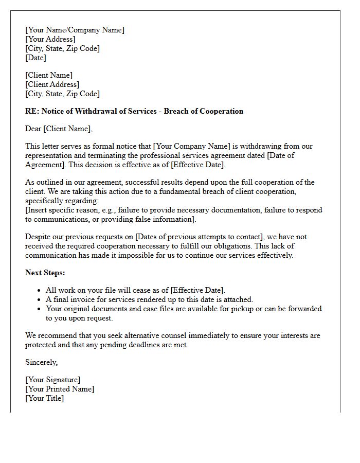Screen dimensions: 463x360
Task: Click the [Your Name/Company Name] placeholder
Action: (x=75, y=30)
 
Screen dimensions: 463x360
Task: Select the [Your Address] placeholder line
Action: (x=50, y=40)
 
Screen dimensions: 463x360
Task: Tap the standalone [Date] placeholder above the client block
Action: (x=35, y=58)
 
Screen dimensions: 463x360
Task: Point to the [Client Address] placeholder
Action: (x=52, y=84)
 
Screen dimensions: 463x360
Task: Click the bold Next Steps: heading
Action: (x=45, y=273)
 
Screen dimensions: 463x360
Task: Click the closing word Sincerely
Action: (x=41, y=362)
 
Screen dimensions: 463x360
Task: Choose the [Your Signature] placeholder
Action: (x=52, y=380)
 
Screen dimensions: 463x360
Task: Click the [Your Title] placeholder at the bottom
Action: (x=44, y=398)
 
